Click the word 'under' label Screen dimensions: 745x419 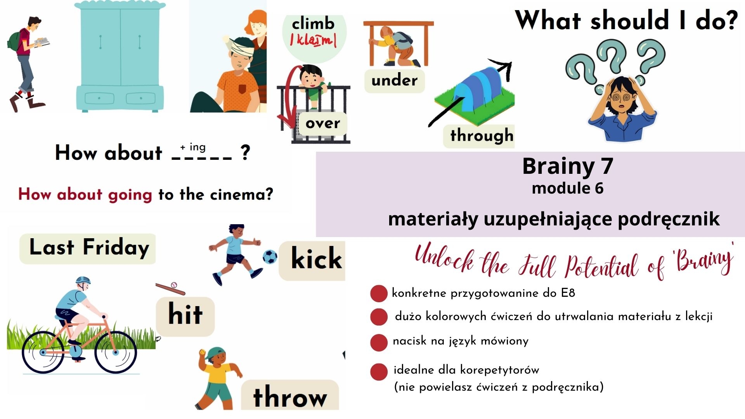click(394, 80)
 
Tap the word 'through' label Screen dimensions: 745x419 click(482, 135)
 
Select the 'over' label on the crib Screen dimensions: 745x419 click(322, 123)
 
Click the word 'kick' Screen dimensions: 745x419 click(316, 258)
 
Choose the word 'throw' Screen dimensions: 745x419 click(290, 396)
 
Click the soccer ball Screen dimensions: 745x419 click(270, 256)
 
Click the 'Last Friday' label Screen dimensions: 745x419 click(89, 248)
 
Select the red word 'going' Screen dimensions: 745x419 click(130, 195)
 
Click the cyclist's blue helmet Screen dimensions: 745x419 click(83, 280)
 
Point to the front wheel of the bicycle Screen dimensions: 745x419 click(116, 352)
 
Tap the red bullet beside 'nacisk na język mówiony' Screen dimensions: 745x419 click(379, 343)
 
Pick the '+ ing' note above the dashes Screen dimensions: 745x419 click(193, 147)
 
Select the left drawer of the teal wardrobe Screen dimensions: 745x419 click(99, 98)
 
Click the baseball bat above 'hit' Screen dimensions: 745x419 click(170, 289)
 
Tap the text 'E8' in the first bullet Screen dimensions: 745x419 click(568, 293)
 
